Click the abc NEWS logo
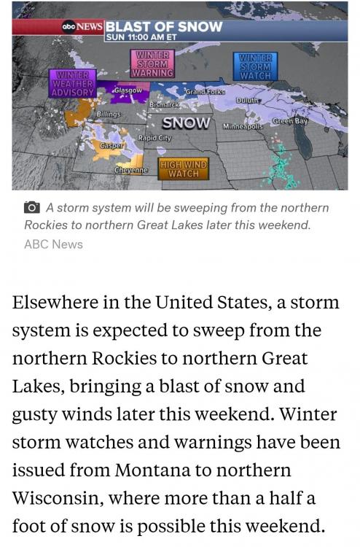pyautogui.click(x=82, y=27)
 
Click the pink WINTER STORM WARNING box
pyautogui.click(x=152, y=63)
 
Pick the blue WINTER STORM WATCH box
pyautogui.click(x=255, y=66)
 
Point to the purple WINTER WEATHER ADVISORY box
pyautogui.click(x=73, y=83)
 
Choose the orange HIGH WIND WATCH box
pyautogui.click(x=184, y=169)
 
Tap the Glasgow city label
pyautogui.click(x=128, y=90)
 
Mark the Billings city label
pyautogui.click(x=109, y=115)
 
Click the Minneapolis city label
pyautogui.click(x=243, y=126)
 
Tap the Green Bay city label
pyautogui.click(x=290, y=120)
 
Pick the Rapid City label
pyautogui.click(x=154, y=138)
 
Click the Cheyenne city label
pyautogui.click(x=131, y=170)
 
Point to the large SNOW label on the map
pyautogui.click(x=186, y=123)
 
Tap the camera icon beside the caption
pyautogui.click(x=31, y=208)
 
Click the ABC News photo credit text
pyautogui.click(x=53, y=244)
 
